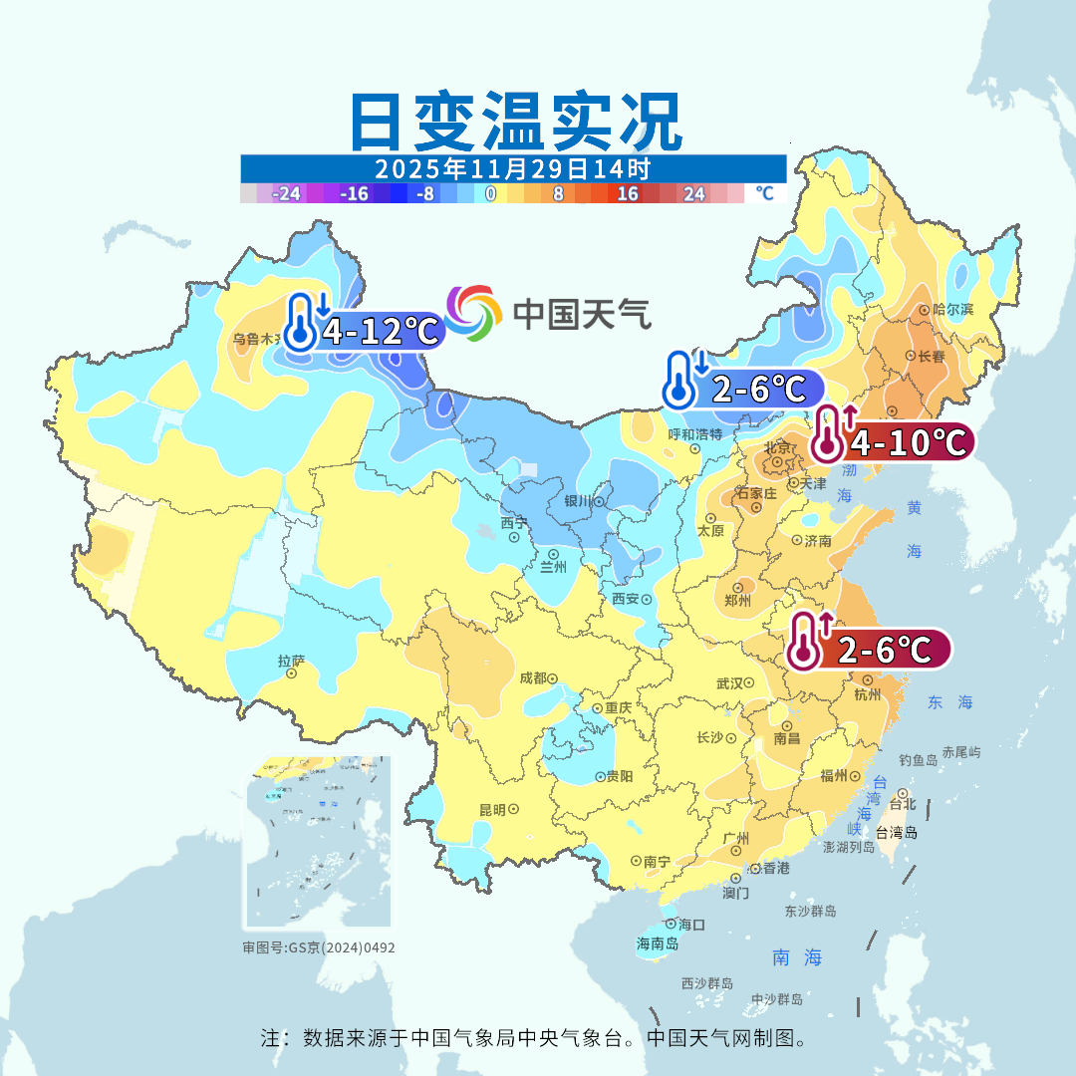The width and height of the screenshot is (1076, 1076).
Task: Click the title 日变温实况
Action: point(515,123)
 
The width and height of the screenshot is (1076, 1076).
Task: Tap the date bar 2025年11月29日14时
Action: point(513,167)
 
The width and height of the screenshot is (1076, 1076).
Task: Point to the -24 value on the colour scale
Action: point(287,194)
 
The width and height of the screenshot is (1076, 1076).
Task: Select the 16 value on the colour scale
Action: point(628,194)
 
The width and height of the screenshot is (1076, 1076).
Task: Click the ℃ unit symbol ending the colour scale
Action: point(764,193)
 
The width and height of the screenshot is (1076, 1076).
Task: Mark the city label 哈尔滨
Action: point(952,310)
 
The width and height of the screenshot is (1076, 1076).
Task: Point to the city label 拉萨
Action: point(291,660)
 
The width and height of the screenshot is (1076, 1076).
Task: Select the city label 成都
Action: point(533,677)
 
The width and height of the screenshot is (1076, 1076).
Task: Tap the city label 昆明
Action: point(492,809)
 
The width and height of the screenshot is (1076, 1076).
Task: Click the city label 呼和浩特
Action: point(695,434)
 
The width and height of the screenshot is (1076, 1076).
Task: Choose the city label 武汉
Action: point(730,682)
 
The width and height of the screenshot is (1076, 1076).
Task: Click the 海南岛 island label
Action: point(658,943)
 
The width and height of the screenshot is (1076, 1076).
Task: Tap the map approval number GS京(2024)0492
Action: point(319,947)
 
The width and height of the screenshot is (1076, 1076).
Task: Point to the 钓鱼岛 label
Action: point(918,760)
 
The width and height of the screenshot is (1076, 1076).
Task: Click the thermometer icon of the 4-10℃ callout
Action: point(827,435)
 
